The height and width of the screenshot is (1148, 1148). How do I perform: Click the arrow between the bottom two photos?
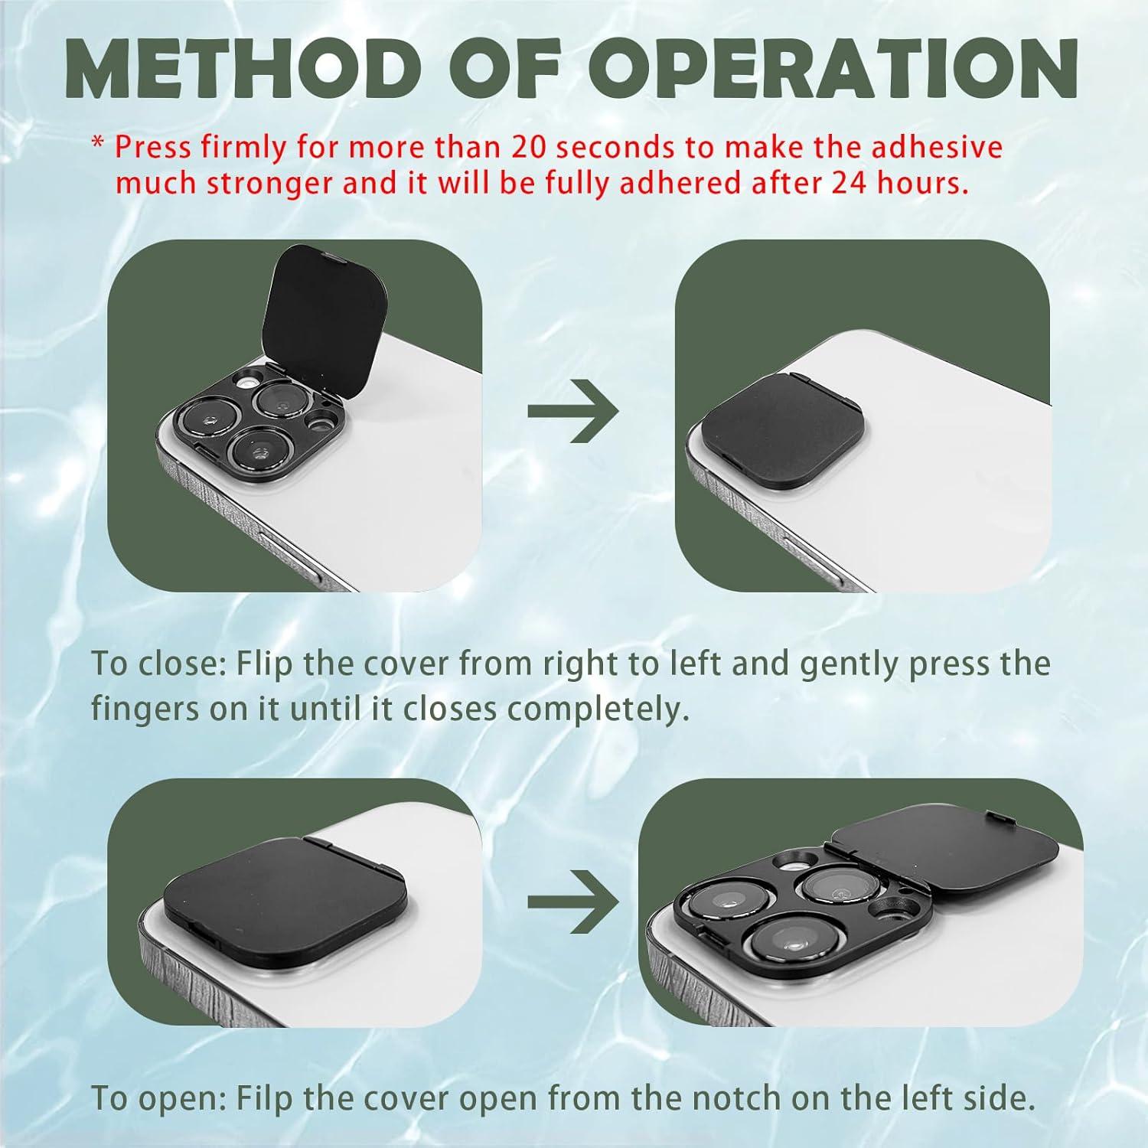coord(572,901)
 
